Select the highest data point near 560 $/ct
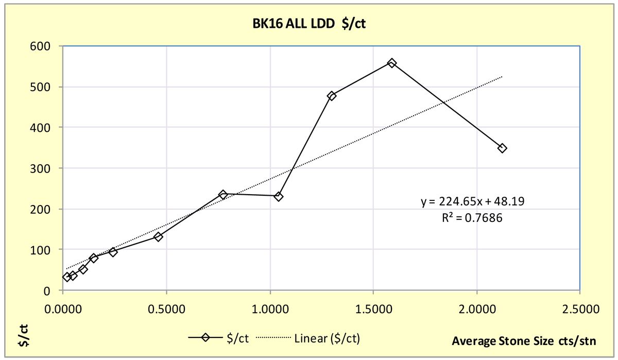click(x=392, y=63)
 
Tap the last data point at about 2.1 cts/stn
click(x=502, y=148)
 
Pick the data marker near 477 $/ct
click(x=332, y=96)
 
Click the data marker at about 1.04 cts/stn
click(x=279, y=196)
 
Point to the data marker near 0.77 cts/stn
click(x=223, y=194)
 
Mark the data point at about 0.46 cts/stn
click(x=158, y=236)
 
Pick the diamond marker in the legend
click(x=205, y=338)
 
